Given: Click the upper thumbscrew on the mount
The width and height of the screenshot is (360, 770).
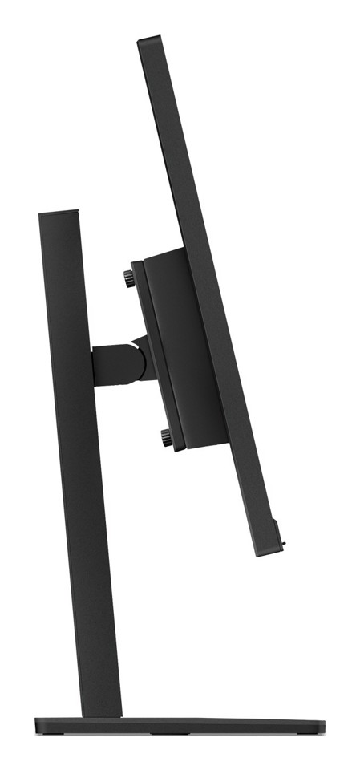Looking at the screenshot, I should [129, 278].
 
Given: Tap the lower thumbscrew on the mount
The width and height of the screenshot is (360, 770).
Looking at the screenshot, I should [165, 437].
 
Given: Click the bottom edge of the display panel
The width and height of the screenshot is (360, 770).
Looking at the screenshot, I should [268, 553].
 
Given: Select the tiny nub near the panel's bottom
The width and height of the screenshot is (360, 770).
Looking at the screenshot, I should [285, 545].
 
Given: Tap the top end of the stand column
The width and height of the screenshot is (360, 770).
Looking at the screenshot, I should [59, 213].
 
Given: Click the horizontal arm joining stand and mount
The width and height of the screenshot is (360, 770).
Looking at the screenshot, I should [112, 364].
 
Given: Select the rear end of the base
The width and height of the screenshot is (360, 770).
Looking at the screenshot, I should [38, 725].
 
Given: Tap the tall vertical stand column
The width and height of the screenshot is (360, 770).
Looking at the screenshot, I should [80, 481].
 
